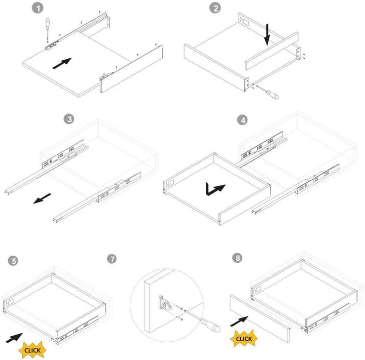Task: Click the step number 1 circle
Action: pyautogui.click(x=38, y=8)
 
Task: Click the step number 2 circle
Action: pyautogui.click(x=215, y=8)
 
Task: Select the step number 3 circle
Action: pyautogui.click(x=69, y=119)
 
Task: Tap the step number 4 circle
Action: pyautogui.click(x=242, y=120)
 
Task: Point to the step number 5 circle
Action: pyautogui.click(x=13, y=261)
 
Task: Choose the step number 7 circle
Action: pyautogui.click(x=112, y=259)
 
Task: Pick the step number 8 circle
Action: pyautogui.click(x=237, y=258)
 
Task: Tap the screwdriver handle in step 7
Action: pyautogui.click(x=210, y=325)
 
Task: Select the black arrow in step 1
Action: pyautogui.click(x=62, y=63)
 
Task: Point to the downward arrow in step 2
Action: pyautogui.click(x=267, y=34)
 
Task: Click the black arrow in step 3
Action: pyautogui.click(x=42, y=198)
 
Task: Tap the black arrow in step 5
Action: pyautogui.click(x=14, y=338)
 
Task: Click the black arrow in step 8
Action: pyautogui.click(x=239, y=321)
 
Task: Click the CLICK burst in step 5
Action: pyautogui.click(x=32, y=350)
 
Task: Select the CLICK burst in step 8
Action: pyautogui.click(x=244, y=338)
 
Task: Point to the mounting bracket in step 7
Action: pyautogui.click(x=165, y=303)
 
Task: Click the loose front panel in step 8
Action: pyautogui.click(x=260, y=318)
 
